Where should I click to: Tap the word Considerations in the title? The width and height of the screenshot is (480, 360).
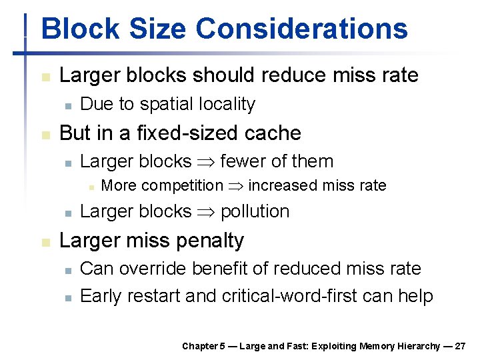coord(301,29)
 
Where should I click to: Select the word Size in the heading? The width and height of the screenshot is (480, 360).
coord(163,29)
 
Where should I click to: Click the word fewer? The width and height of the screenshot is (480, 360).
coord(242,161)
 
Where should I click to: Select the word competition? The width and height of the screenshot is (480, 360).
coord(181,185)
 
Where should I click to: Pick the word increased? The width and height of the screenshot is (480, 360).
coord(278,185)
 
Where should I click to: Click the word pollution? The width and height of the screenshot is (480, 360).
coord(255,211)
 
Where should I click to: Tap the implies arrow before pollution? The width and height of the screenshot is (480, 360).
coord(205,212)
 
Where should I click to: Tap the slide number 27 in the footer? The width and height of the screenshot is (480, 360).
coord(459,346)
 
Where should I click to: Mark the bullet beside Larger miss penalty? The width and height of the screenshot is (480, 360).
coord(45,242)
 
